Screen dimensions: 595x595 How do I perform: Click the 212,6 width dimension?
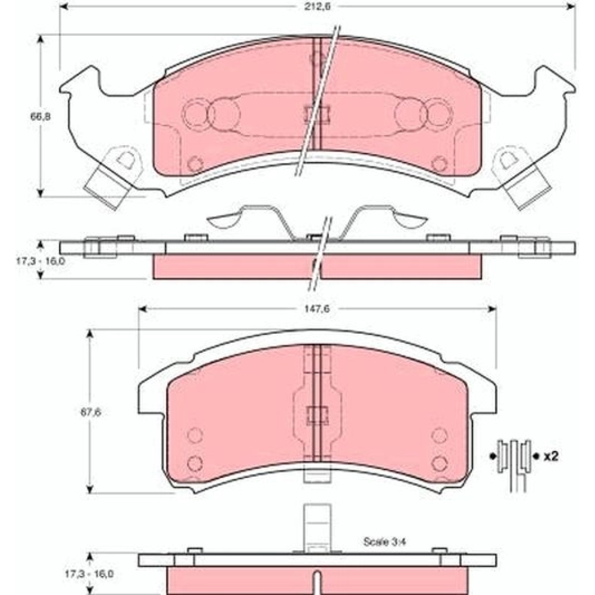pos(317,7)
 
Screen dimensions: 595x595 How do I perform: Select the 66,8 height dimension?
pos(40,116)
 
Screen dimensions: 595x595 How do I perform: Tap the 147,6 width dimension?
pos(317,308)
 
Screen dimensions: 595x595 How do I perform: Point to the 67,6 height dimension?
pos(90,412)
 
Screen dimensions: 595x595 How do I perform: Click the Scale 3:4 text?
pos(384,541)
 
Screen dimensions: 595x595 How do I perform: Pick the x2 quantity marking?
pos(551,456)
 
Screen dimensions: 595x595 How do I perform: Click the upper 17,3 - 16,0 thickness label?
pos(40,261)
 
